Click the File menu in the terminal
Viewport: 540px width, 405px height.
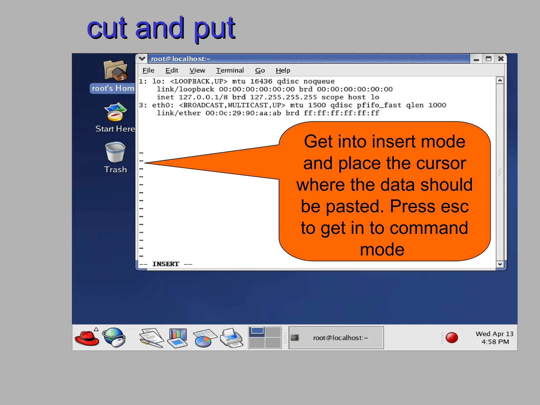click(148, 70)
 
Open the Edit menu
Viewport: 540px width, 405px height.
click(172, 70)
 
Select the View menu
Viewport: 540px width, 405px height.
click(197, 70)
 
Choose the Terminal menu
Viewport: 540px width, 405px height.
click(230, 70)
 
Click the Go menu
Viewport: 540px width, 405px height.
click(260, 70)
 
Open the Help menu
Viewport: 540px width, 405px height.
click(283, 70)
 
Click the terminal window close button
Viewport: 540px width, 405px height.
click(501, 59)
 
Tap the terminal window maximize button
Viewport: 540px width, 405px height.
click(489, 59)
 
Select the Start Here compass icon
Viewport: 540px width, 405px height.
click(115, 112)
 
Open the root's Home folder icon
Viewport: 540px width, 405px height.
click(115, 71)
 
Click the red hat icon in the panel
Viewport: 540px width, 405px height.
click(87, 338)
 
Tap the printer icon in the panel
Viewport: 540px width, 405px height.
click(231, 338)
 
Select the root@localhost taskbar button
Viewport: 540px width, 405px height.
click(336, 338)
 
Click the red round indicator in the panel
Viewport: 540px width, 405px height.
click(452, 338)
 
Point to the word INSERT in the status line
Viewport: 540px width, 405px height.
click(166, 264)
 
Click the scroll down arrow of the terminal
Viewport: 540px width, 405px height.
click(500, 264)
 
